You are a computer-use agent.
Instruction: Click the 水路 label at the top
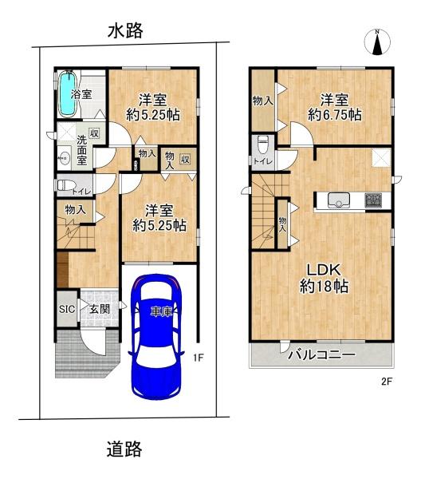125,30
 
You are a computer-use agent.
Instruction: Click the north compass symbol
377,42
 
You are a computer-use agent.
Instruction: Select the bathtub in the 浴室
66,95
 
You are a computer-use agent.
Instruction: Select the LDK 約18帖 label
322,278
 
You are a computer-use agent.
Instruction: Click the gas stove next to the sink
372,200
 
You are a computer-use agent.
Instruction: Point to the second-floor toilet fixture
263,144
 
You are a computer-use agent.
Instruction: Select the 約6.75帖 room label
333,107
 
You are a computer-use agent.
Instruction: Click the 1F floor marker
203,358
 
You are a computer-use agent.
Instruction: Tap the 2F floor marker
387,382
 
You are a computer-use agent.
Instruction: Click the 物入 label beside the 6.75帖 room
262,101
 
